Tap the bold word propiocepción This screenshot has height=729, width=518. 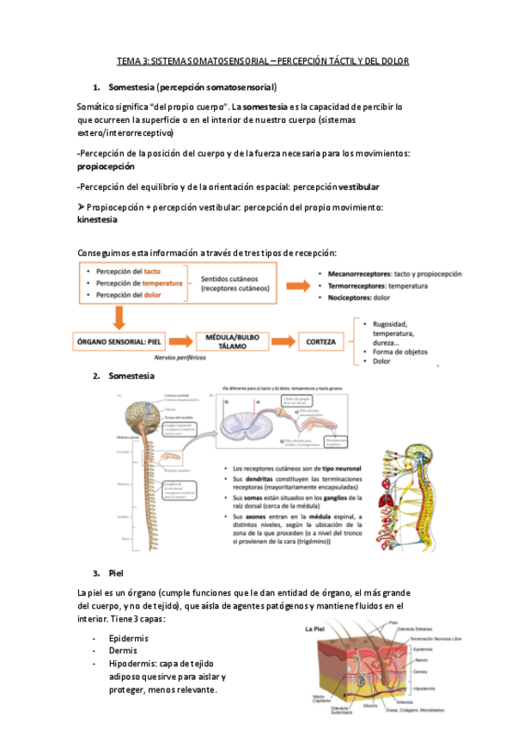[x=106, y=166]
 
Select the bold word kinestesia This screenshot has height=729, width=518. [x=97, y=219]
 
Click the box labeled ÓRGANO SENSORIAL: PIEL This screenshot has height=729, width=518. [x=123, y=341]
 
